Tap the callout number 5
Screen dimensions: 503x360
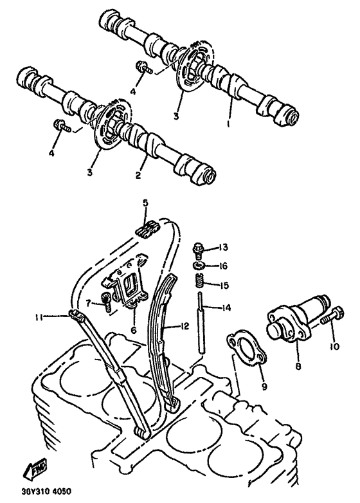[145, 203]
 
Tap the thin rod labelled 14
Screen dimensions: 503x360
[202, 322]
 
